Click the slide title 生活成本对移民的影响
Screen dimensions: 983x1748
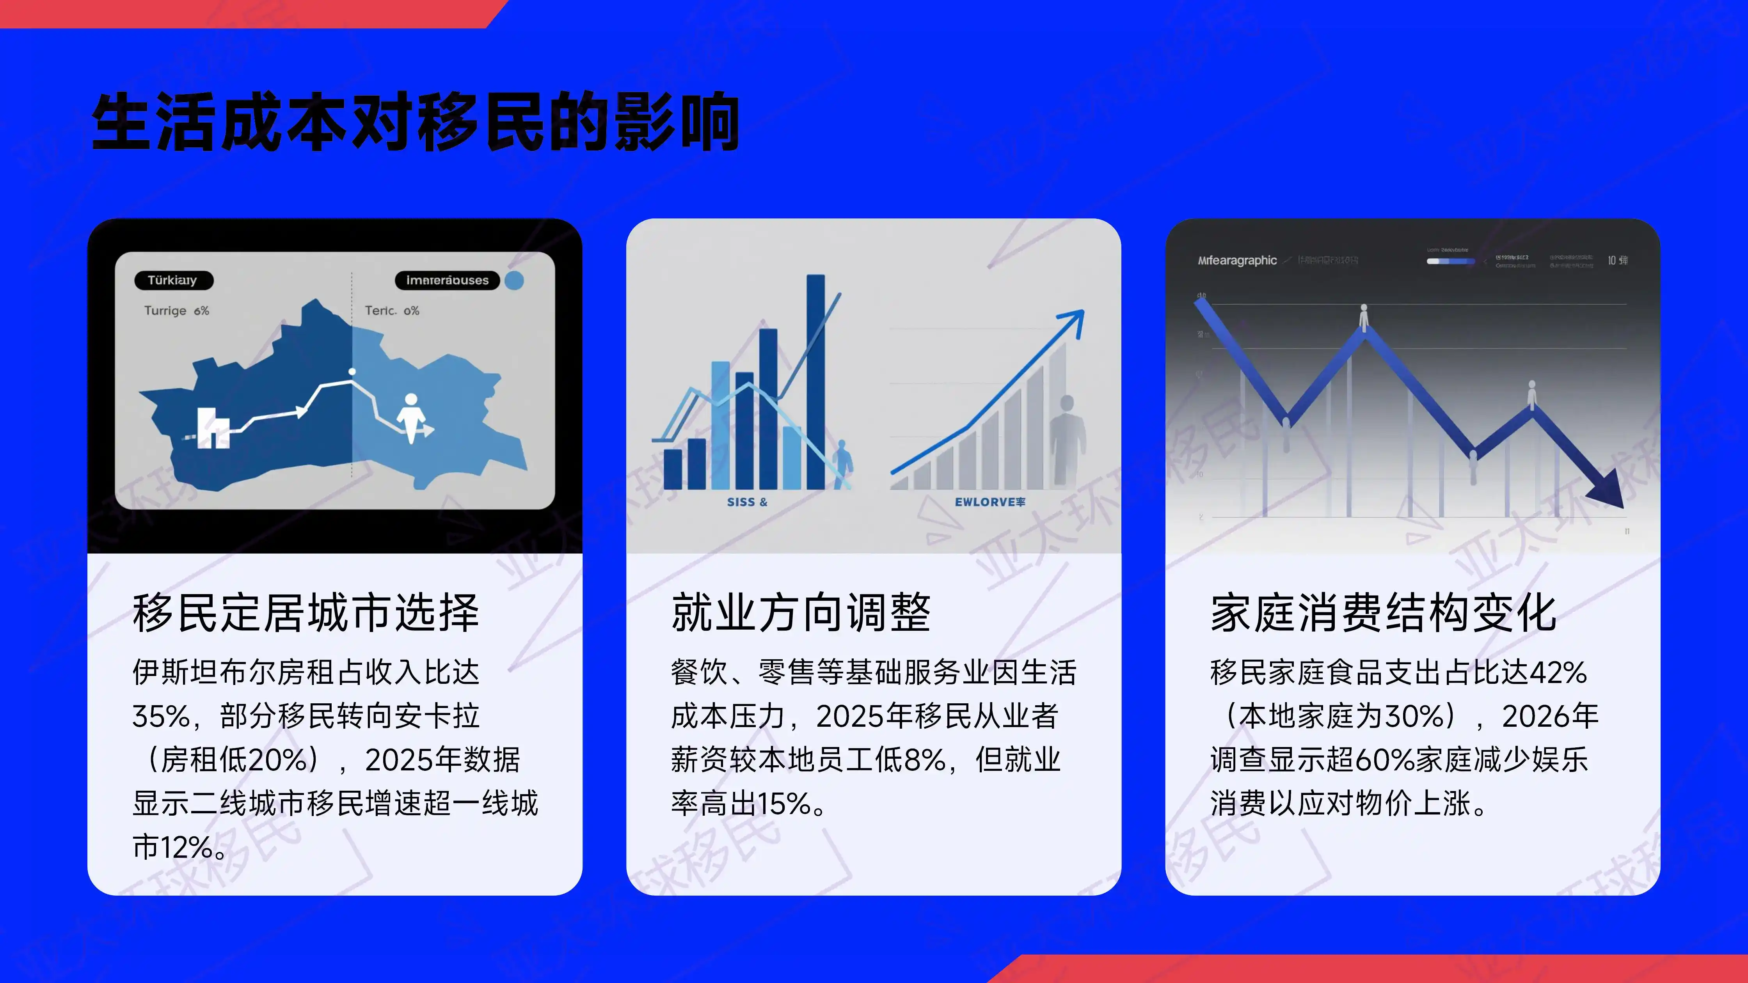click(x=415, y=122)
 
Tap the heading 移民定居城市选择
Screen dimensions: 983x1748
click(x=306, y=612)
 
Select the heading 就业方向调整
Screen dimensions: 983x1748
click(x=801, y=612)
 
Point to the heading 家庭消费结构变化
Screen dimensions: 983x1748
click(x=1383, y=612)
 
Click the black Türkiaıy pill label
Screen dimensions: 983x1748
click(x=173, y=280)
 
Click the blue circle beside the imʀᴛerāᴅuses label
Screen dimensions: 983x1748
click(x=514, y=280)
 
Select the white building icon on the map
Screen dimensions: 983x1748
click(x=212, y=428)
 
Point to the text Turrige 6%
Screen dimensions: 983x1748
click(x=176, y=311)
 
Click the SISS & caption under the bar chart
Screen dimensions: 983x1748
click(x=746, y=502)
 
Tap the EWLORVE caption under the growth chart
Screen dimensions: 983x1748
click(x=989, y=502)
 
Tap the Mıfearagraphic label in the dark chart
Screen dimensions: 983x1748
click(x=1237, y=261)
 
